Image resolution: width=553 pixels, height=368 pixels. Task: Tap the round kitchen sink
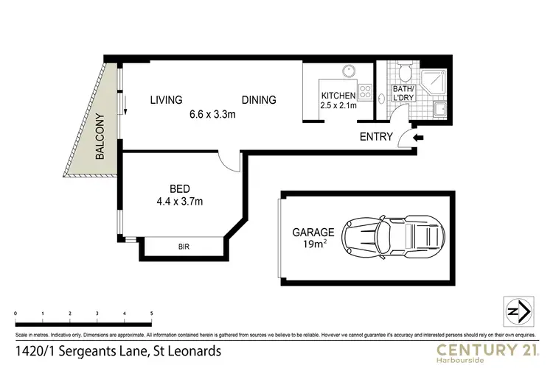click(x=347, y=73)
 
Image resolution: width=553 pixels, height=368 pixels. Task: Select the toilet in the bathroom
click(x=403, y=74)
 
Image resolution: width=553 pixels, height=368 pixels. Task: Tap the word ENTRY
click(x=375, y=137)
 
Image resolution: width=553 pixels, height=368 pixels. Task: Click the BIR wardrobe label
click(x=184, y=247)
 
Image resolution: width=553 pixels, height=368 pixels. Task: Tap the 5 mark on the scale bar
click(x=152, y=314)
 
